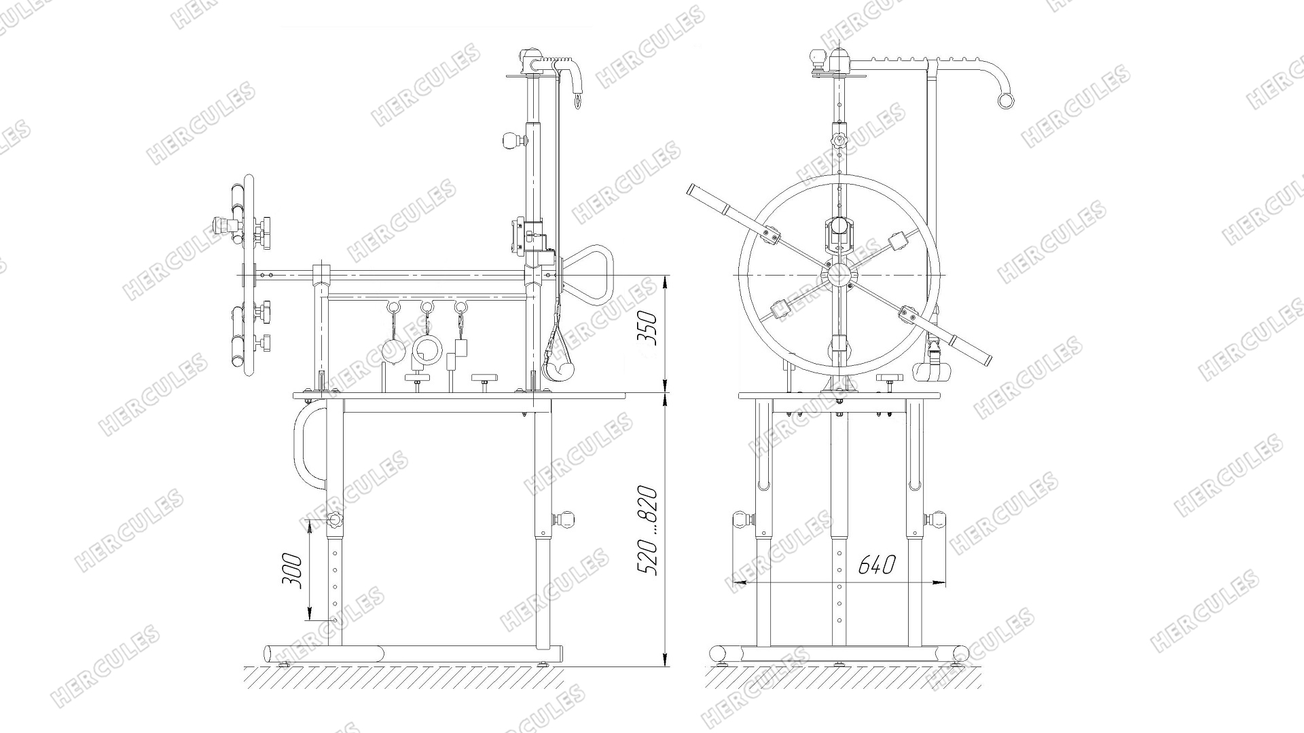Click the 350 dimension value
(x=650, y=328)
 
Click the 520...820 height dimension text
(x=648, y=531)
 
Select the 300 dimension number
(x=291, y=571)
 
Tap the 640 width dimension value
(x=876, y=565)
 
